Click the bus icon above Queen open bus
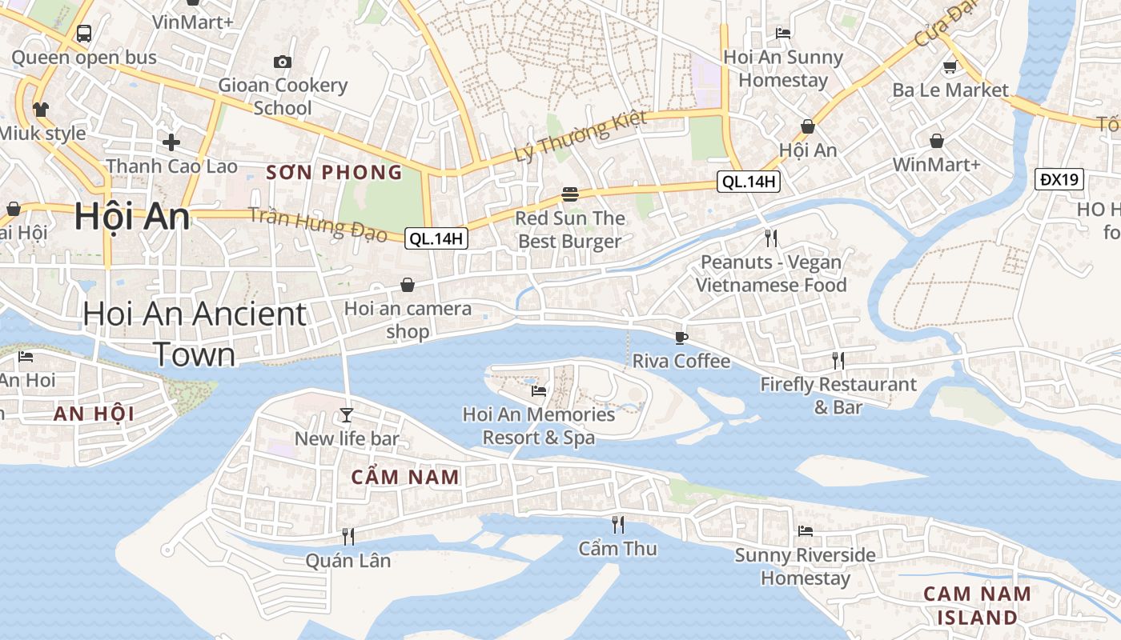pos(84,34)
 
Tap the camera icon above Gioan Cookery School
pos(282,62)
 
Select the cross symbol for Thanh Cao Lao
pos(171,142)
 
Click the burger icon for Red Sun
pos(570,194)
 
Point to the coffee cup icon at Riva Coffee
pos(681,338)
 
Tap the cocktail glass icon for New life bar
pos(347,414)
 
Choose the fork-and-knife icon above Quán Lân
pos(348,536)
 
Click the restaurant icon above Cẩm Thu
pos(618,525)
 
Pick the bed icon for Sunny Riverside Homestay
pos(806,531)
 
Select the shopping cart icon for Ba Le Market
pos(950,66)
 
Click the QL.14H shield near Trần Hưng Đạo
pos(436,238)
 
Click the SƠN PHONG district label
pos(334,172)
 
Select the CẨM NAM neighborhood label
pos(406,478)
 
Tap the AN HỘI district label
pos(94,414)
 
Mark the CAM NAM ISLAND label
pos(977,606)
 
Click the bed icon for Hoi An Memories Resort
pos(539,391)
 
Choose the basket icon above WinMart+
pos(937,142)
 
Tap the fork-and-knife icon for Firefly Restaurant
pos(838,361)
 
